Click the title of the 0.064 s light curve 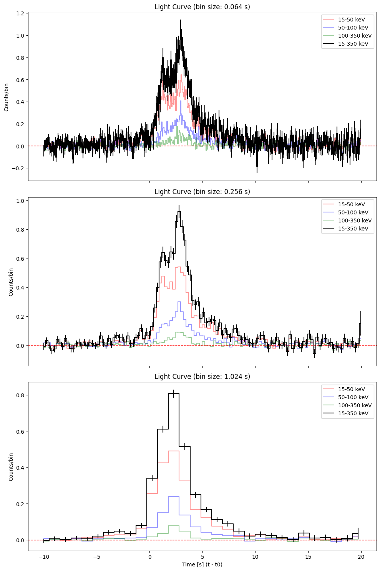202,7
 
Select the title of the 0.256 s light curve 202,192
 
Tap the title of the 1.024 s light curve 202,377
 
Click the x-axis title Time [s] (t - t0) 202,564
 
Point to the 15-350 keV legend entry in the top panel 353,44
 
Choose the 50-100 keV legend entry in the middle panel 353,212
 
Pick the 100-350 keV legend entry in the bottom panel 354,405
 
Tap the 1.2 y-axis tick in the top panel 20,13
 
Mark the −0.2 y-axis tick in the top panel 18,168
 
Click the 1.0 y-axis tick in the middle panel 20,201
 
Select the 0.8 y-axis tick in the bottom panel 20,395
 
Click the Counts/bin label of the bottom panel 11,467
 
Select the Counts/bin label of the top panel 7,97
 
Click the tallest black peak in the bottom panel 174,393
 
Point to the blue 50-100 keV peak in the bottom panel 174,497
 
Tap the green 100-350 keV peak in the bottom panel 174,525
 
